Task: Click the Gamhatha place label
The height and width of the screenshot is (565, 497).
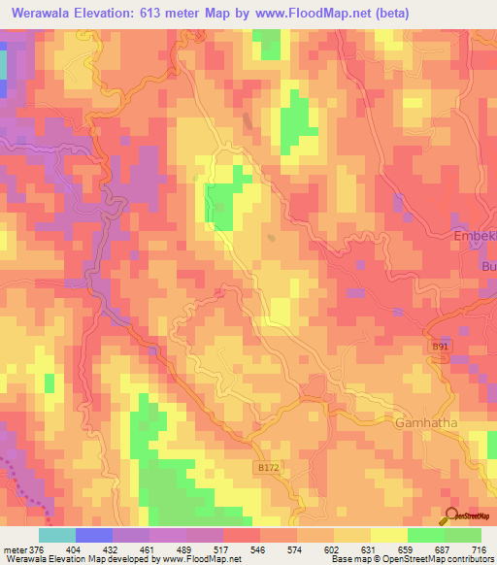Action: (x=426, y=423)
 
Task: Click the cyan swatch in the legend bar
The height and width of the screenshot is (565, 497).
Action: (x=56, y=535)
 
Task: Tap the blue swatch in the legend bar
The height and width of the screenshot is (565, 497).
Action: (x=93, y=535)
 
